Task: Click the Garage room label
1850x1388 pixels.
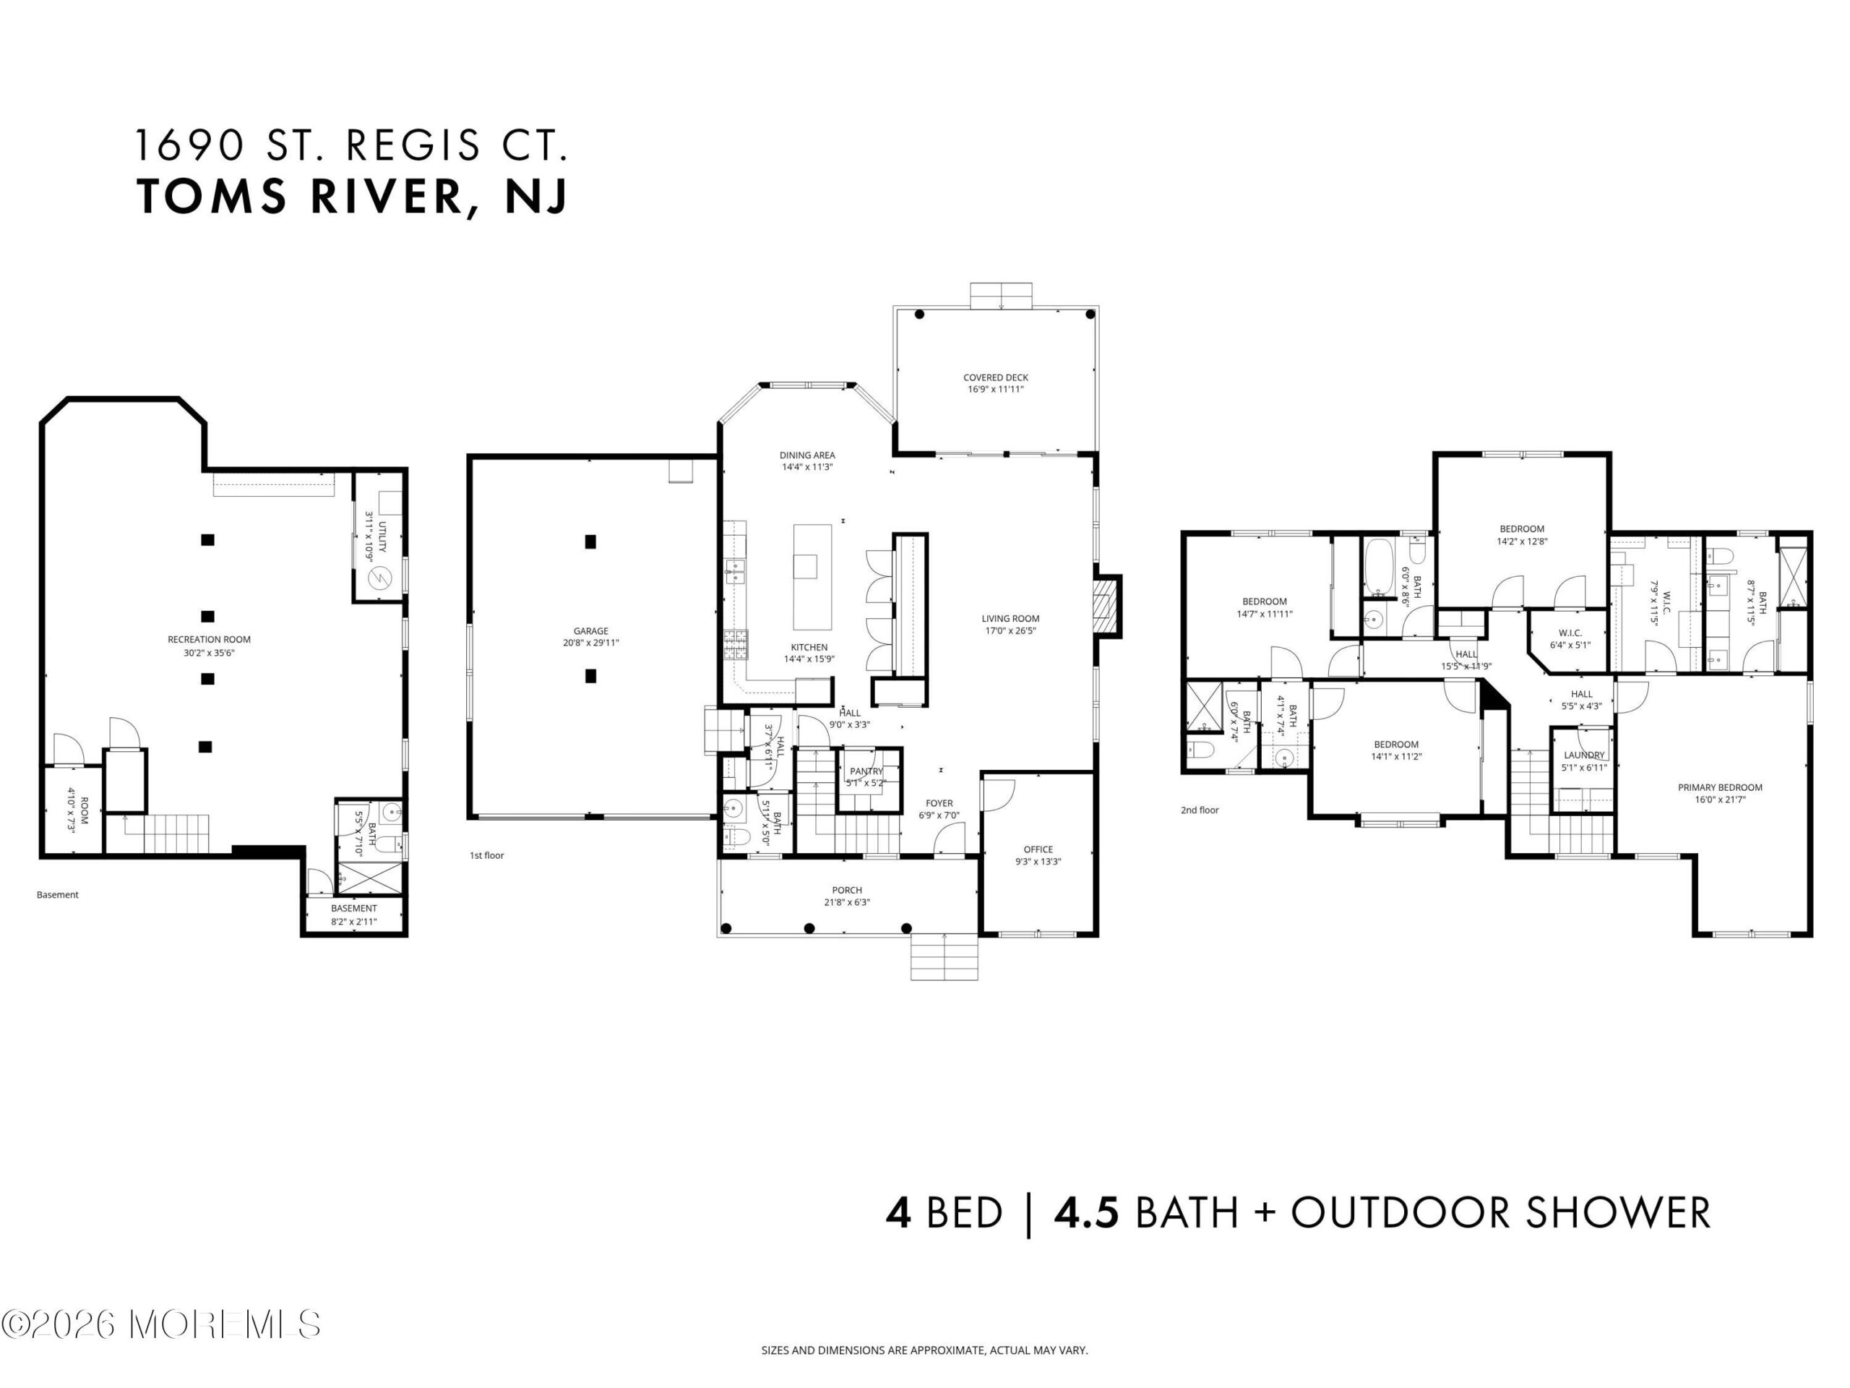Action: point(590,631)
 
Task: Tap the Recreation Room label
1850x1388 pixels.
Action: point(209,639)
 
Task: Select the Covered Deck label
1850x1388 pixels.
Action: point(995,377)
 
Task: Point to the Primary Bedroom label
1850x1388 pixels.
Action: point(1719,787)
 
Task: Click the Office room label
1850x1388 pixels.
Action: point(1038,849)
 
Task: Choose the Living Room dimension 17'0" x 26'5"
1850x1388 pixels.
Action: point(1010,631)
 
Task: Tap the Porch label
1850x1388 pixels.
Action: point(847,890)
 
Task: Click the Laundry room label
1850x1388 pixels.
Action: point(1584,755)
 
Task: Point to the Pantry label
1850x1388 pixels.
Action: point(866,771)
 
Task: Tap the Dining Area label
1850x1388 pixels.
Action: point(807,455)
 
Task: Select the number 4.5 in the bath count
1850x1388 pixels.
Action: point(1085,1213)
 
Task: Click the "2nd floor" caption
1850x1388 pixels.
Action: point(1200,810)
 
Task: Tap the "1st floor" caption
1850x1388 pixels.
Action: point(487,855)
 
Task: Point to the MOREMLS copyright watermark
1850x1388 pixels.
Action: point(160,1324)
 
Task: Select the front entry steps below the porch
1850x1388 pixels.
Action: point(945,956)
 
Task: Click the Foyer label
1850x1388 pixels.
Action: point(939,803)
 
